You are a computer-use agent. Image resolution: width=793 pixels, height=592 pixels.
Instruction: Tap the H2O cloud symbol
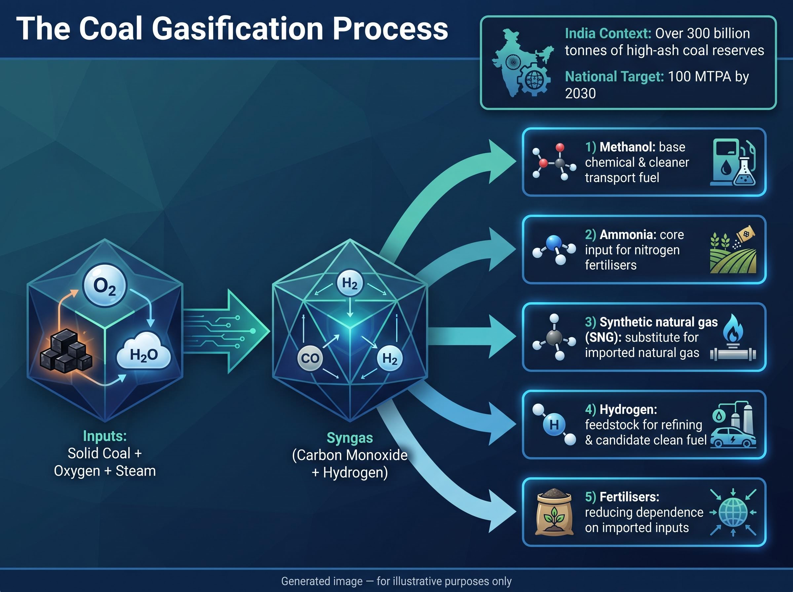tap(144, 351)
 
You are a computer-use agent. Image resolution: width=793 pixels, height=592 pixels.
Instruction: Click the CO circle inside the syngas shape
tap(310, 358)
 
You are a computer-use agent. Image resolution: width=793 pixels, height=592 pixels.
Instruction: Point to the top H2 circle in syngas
tap(350, 283)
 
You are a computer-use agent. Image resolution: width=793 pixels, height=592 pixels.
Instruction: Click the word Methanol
tap(625, 147)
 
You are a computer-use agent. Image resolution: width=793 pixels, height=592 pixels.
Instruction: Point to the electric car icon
tap(733, 437)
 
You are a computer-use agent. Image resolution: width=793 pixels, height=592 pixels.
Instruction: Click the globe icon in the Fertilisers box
tap(733, 512)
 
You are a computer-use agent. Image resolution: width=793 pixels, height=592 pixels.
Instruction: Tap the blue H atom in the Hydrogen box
tap(554, 425)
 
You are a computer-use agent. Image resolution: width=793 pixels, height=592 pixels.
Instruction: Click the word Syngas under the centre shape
tap(350, 438)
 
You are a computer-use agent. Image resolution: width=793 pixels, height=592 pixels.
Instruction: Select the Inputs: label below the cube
tap(105, 436)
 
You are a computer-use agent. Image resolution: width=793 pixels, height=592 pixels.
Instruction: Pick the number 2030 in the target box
tap(581, 93)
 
